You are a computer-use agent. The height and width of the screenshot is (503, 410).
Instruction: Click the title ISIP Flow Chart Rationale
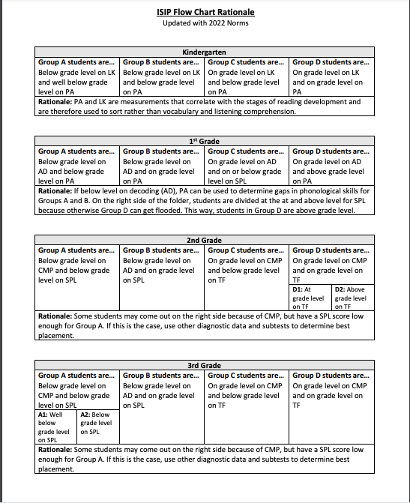point(205,12)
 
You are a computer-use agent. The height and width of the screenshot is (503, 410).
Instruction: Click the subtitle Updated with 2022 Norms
point(205,22)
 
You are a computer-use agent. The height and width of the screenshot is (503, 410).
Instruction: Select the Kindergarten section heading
point(205,52)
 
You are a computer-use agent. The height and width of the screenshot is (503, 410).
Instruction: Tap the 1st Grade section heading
point(205,141)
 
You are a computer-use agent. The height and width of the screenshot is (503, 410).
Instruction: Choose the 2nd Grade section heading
point(205,240)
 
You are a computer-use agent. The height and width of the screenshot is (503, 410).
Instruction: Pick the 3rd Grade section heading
point(205,365)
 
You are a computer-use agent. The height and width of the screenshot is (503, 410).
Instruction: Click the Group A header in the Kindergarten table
point(76,61)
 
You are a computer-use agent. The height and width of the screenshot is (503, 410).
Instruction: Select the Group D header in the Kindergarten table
point(331,61)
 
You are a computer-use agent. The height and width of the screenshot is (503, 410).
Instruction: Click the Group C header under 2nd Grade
point(246,250)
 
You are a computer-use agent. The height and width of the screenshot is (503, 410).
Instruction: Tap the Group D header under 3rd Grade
point(331,375)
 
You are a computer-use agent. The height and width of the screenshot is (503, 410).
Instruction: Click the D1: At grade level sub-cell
point(310,298)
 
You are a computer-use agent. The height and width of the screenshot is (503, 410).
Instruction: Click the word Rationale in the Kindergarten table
point(56,101)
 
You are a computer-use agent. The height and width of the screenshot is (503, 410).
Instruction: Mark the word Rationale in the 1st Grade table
point(56,190)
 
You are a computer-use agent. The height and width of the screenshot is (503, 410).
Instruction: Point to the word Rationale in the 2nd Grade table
point(56,316)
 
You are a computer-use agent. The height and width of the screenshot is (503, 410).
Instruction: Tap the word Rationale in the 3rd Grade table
point(56,450)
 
